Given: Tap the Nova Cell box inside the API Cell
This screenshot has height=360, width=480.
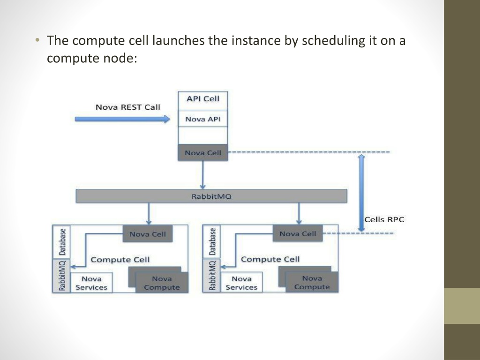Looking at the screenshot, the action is click(x=203, y=152).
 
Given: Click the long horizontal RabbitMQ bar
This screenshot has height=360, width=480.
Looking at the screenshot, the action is click(x=211, y=196).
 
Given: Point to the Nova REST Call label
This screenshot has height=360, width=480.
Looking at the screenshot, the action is click(x=128, y=107).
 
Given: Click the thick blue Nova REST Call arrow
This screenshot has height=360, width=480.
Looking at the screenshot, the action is click(x=122, y=119).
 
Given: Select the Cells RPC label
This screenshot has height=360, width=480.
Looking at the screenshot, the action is click(x=384, y=219).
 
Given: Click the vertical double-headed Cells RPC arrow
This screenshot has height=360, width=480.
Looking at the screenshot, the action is click(x=361, y=193).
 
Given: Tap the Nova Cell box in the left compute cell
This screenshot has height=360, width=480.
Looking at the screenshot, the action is click(x=148, y=234).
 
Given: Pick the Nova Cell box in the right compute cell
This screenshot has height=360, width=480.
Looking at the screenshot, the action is click(x=298, y=233).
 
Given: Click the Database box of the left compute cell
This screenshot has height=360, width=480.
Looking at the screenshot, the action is click(x=62, y=242).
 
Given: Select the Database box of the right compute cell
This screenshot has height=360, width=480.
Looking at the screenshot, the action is click(x=212, y=242).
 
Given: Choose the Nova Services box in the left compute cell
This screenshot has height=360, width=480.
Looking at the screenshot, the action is click(x=91, y=283).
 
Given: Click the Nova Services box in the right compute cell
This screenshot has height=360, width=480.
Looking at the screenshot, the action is click(x=241, y=282).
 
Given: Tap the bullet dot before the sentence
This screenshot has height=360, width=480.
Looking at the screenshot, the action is click(x=37, y=40).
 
